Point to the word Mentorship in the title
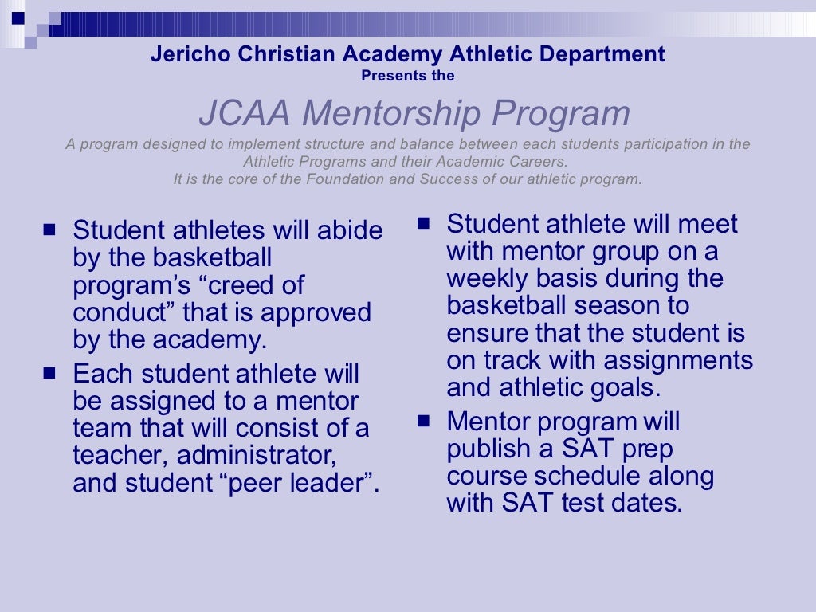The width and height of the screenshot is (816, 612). click(x=390, y=114)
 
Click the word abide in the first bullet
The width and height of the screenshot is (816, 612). click(x=350, y=231)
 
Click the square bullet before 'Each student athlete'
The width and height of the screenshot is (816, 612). click(x=50, y=372)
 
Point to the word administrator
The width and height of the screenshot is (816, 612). click(x=254, y=456)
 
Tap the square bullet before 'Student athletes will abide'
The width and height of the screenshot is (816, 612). click(x=50, y=229)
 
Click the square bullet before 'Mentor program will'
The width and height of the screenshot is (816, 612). click(x=423, y=419)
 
